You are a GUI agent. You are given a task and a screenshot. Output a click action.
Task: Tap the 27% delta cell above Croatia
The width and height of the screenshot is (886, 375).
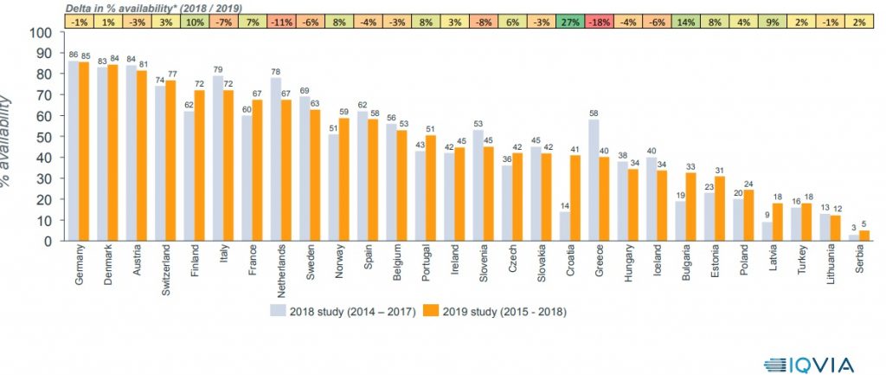(570, 21)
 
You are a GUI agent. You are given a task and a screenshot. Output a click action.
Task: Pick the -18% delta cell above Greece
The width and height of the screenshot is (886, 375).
(600, 21)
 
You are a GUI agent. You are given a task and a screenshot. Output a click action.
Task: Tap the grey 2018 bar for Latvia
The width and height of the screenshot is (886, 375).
(766, 231)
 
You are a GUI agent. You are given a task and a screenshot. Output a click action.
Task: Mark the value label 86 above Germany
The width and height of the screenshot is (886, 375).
(73, 55)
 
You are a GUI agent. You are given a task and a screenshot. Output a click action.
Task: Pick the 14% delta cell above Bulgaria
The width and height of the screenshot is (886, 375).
(689, 21)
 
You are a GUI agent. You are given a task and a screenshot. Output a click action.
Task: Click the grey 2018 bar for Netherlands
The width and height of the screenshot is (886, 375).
(275, 159)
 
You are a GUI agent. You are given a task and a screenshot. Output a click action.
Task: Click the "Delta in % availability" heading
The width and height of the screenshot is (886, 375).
(152, 7)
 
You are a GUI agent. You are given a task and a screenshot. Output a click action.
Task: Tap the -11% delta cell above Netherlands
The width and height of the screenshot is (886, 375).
(279, 21)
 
